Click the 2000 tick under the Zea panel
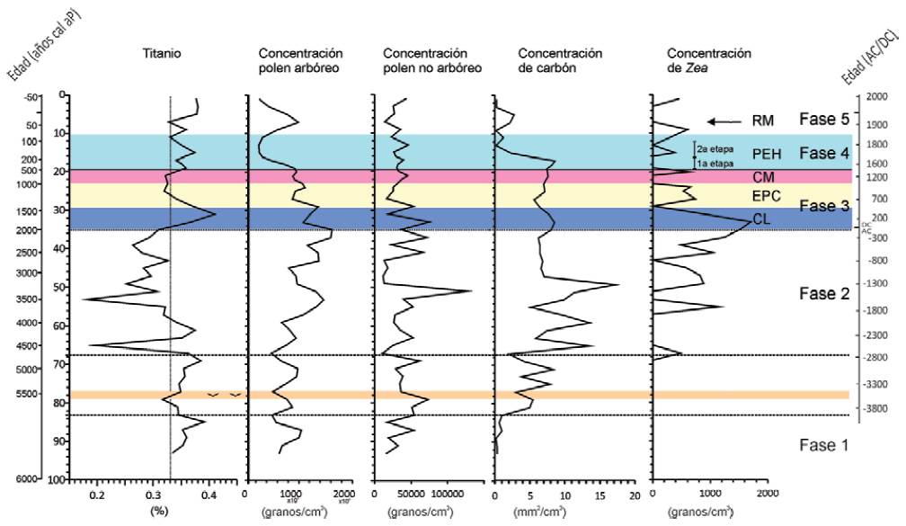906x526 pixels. [x=767, y=494]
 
